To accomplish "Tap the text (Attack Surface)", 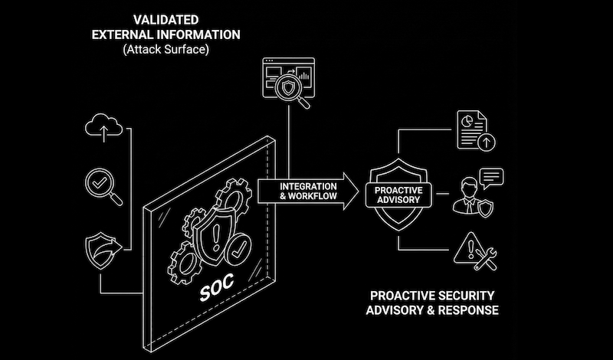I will point(166,49).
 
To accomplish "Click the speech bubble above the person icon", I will point(492,178).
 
